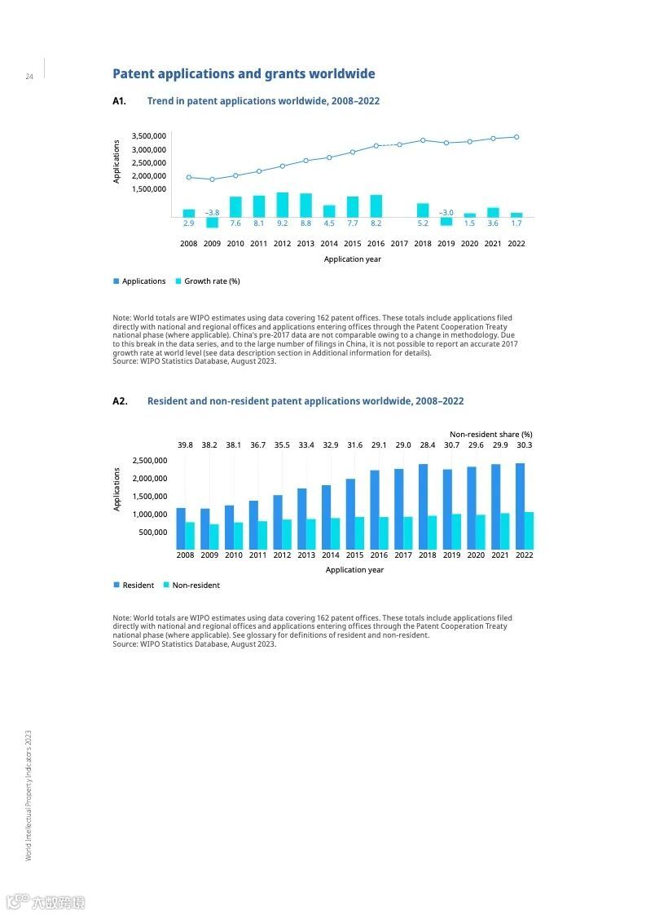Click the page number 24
click(29, 77)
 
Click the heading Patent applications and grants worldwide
click(244, 74)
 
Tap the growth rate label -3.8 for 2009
click(212, 212)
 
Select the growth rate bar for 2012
click(282, 204)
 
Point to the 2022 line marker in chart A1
click(516, 137)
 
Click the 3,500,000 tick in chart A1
click(147, 136)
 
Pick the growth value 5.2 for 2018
click(423, 223)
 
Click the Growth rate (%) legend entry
click(211, 281)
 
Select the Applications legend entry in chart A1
click(143, 281)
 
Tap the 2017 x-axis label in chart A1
click(399, 244)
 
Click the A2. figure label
click(120, 401)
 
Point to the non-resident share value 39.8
click(186, 445)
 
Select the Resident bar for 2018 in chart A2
click(423, 506)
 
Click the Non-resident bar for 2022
click(529, 530)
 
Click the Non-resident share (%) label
click(491, 435)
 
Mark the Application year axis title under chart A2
click(354, 570)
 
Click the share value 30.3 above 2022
click(524, 445)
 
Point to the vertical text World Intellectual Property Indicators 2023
click(29, 794)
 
